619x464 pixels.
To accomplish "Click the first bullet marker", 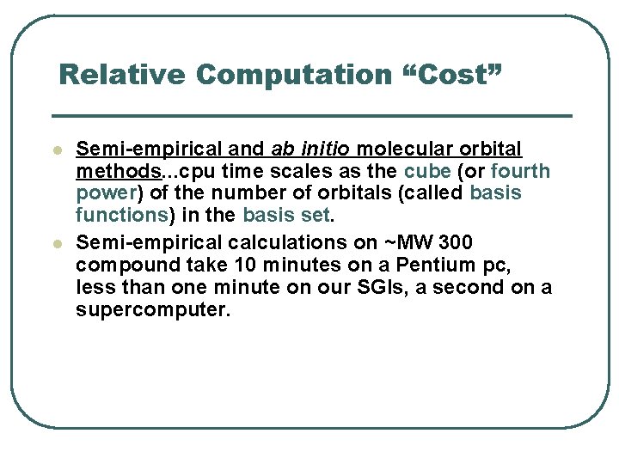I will point(57,150).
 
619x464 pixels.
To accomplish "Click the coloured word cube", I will point(427,171).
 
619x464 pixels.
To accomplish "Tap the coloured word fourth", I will point(520,171).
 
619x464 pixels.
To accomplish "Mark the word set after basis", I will point(316,214).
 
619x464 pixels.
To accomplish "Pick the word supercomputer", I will point(153,309).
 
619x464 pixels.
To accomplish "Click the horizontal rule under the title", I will point(311,116).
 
